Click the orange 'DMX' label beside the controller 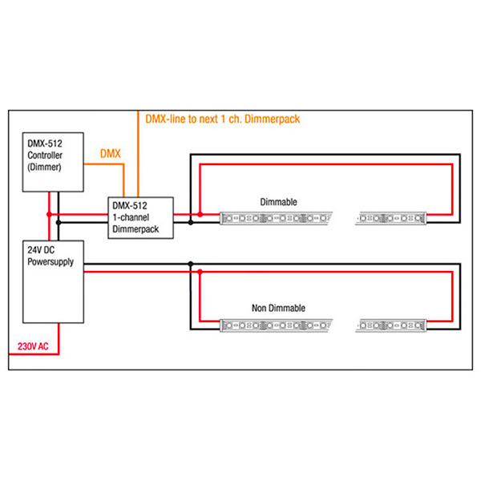(110, 152)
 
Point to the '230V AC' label (33, 347)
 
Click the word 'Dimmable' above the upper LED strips (278, 202)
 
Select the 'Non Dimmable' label (278, 308)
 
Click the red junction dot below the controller (49, 214)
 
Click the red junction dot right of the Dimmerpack (200, 214)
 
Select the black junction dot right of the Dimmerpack (190, 222)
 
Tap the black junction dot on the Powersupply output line (190, 264)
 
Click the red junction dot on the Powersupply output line (200, 272)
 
